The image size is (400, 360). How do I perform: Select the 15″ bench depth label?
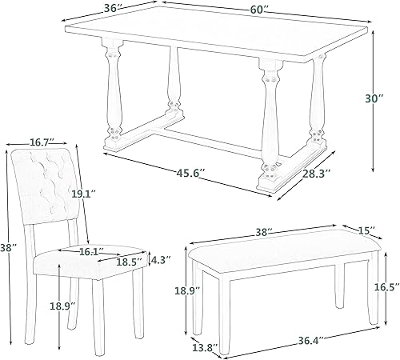point(366,231)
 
